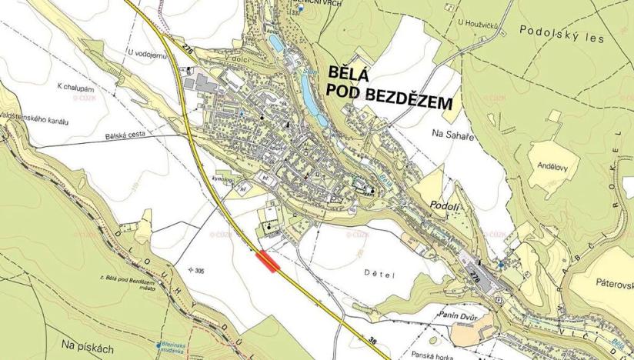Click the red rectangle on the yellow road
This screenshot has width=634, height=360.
pyautogui.click(x=268, y=262)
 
